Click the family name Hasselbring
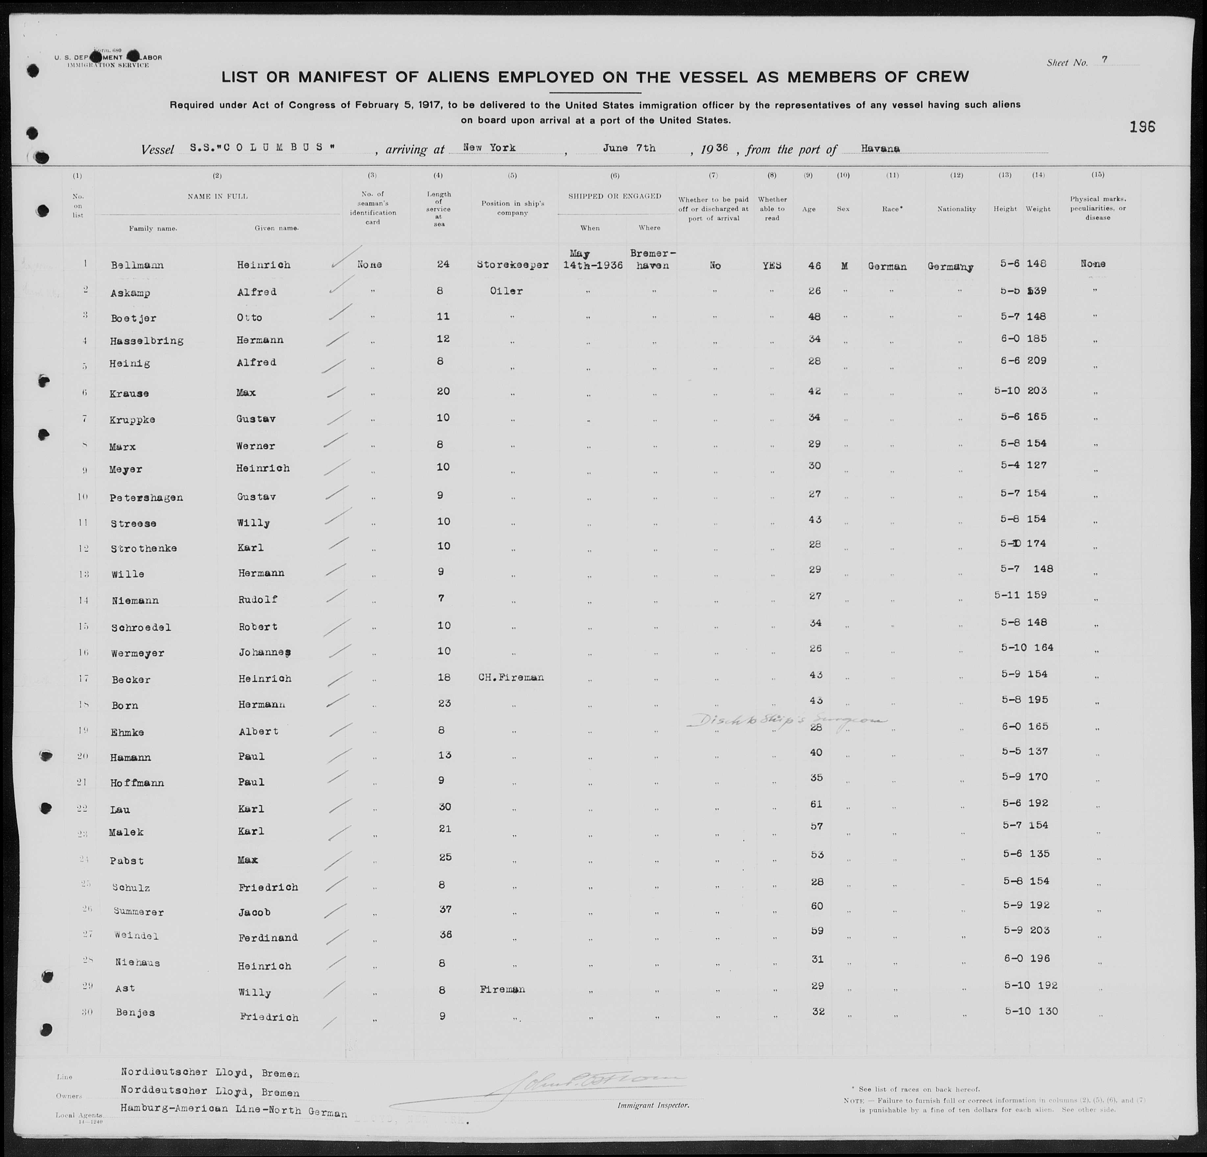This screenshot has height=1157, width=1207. point(147,340)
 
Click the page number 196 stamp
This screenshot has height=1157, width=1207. point(1142,127)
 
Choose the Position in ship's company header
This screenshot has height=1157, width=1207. point(512,208)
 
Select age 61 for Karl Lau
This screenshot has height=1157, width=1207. point(817,804)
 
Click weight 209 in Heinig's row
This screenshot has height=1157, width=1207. point(1037,361)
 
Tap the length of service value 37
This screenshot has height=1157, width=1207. point(445,909)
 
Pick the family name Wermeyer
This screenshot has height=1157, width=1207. point(137,653)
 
